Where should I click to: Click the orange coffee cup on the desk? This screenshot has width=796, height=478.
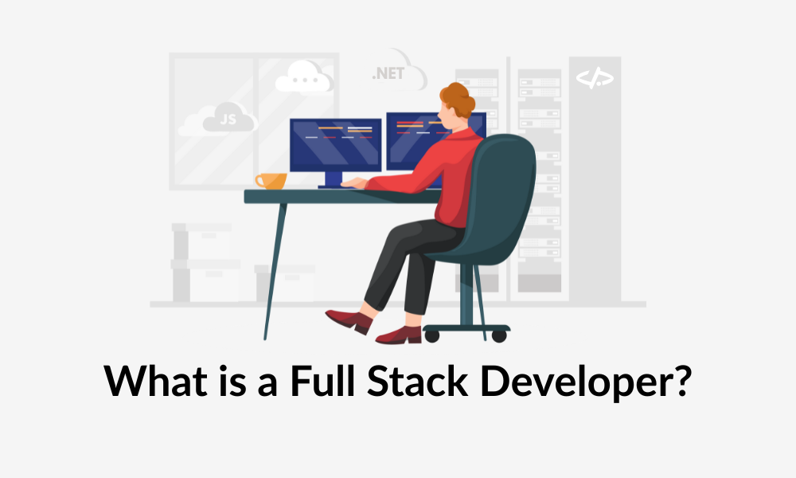pyautogui.click(x=271, y=181)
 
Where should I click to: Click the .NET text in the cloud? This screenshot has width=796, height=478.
pyautogui.click(x=388, y=73)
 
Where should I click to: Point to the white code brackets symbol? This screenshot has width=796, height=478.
pyautogui.click(x=595, y=78)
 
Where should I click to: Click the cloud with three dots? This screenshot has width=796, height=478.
pyautogui.click(x=303, y=78)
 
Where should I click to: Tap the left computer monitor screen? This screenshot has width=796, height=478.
pyautogui.click(x=336, y=145)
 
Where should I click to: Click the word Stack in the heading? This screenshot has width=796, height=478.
pyautogui.click(x=417, y=381)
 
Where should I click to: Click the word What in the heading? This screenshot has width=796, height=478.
pyautogui.click(x=155, y=381)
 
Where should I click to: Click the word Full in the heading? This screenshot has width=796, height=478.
pyautogui.click(x=322, y=381)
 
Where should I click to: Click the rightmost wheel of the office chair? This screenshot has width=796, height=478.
pyautogui.click(x=499, y=335)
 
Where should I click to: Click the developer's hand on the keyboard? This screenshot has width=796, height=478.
pyautogui.click(x=354, y=183)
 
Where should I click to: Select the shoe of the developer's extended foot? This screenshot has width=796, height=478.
pyautogui.click(x=349, y=321)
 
